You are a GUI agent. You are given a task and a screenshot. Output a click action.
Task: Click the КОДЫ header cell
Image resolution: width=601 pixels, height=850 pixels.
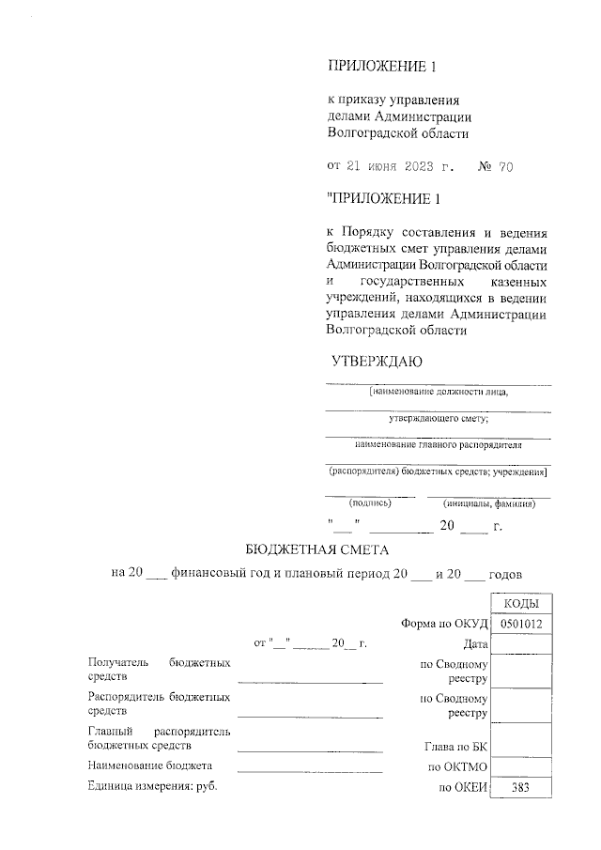(x=521, y=604)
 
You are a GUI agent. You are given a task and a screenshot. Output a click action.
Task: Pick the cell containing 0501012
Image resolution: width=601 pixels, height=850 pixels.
(x=521, y=624)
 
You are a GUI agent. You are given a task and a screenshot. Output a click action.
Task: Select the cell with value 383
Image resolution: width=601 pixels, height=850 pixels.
(x=521, y=788)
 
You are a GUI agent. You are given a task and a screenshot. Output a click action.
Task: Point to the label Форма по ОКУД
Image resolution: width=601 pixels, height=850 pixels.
(x=439, y=624)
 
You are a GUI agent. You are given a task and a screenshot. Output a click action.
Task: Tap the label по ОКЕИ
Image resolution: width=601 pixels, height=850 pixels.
(x=460, y=788)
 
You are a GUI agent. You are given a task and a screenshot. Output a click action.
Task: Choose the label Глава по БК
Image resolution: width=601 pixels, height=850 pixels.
(x=455, y=748)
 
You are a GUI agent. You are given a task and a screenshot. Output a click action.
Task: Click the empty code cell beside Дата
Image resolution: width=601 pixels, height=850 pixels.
(x=521, y=644)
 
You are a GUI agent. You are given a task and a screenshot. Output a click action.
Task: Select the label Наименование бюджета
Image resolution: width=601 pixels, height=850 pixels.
(x=149, y=765)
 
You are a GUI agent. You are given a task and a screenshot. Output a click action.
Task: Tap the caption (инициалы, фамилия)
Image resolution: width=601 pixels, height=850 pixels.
(x=488, y=503)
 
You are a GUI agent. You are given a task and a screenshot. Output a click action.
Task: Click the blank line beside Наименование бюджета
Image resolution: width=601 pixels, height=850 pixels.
(x=310, y=770)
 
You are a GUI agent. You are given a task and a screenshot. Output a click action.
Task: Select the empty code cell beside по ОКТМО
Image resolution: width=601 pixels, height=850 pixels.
(x=521, y=768)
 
